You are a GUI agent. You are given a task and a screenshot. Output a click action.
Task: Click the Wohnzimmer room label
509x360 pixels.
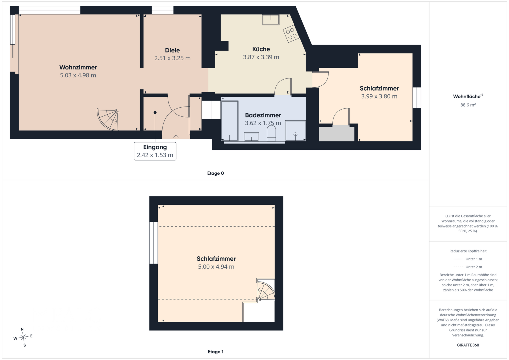(x=78, y=67)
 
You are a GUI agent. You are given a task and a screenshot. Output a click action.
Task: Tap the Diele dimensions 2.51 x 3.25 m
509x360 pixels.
(x=172, y=58)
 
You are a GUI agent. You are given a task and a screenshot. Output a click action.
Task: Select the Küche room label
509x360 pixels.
(x=261, y=49)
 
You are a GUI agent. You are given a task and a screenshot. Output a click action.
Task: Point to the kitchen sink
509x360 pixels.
(x=271, y=20)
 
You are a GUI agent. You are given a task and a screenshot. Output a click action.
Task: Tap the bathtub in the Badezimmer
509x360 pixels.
(x=230, y=121)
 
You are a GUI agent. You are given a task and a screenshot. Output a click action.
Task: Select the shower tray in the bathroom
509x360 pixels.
(x=295, y=131)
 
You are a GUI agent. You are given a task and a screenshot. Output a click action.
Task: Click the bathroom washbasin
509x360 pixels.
(x=251, y=137)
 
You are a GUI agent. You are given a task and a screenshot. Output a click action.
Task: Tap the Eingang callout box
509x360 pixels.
(x=155, y=151)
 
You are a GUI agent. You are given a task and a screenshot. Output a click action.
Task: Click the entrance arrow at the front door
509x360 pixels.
(x=176, y=137)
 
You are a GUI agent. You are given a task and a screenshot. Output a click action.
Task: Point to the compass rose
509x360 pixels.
(x=23, y=337)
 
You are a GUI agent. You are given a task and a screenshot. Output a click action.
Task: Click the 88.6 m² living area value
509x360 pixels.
(x=468, y=105)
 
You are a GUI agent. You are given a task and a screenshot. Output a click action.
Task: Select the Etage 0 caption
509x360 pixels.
(x=215, y=173)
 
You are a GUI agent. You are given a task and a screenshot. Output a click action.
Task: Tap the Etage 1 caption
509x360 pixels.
(x=216, y=352)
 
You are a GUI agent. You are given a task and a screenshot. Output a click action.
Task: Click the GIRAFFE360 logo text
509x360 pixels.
(x=468, y=345)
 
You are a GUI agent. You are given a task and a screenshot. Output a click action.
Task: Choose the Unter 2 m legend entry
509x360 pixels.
(x=468, y=267)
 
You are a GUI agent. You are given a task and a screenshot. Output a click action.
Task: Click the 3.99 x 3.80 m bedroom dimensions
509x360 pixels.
(x=379, y=96)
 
